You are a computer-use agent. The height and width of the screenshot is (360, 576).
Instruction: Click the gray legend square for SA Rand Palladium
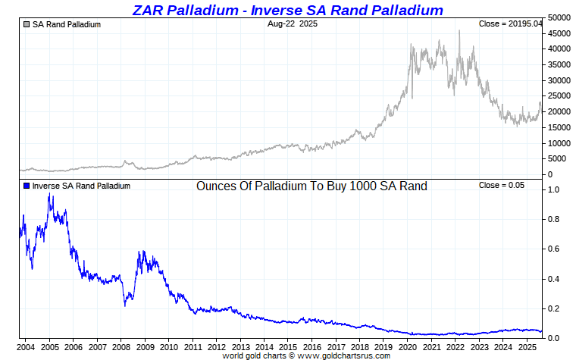pos(27,24)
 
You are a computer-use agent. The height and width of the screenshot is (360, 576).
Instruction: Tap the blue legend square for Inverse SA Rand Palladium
pos(27,186)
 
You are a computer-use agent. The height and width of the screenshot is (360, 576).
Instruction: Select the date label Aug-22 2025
pos(293,24)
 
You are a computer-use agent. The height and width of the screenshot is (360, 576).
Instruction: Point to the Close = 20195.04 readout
pos(510,24)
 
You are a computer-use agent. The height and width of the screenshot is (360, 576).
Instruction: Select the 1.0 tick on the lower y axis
pos(555,189)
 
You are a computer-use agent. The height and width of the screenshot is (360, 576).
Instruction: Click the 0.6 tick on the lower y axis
pos(555,249)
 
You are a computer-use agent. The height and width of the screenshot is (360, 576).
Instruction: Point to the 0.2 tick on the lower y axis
pos(555,308)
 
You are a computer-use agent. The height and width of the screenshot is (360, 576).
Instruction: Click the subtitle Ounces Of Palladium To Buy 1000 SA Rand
pos(311,186)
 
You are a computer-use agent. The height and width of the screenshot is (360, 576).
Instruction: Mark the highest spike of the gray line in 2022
pos(459,30)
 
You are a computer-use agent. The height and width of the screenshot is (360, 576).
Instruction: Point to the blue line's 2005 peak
pos(50,195)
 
